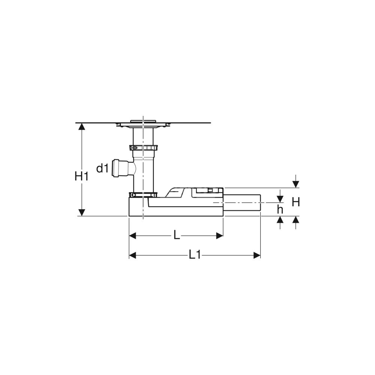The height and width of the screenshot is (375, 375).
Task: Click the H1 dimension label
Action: (81, 177)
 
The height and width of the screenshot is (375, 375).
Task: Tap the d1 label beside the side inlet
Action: (102, 168)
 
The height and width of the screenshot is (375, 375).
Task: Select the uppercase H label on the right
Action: (296, 202)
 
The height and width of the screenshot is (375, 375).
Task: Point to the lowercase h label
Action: (280, 210)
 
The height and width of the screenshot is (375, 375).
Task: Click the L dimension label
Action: (177, 235)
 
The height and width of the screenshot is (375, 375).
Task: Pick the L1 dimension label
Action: (195, 255)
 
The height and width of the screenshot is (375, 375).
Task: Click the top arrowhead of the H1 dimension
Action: (82, 126)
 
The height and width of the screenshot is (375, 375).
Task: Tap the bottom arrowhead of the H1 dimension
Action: (82, 212)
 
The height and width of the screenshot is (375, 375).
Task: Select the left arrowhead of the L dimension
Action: (132, 235)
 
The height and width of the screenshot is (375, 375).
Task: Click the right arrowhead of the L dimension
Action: (219, 235)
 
